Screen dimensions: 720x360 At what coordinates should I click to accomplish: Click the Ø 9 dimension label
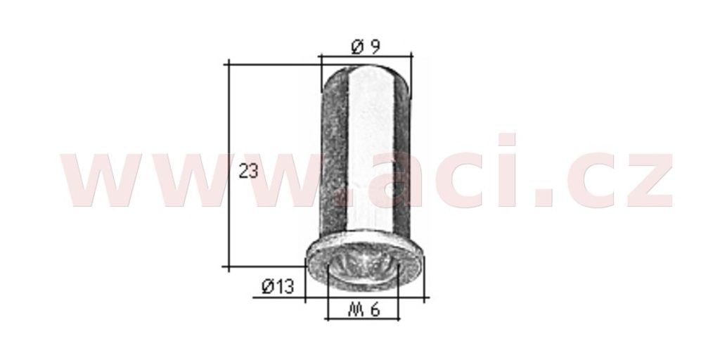(366, 46)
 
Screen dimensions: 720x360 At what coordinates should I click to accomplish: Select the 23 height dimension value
(249, 172)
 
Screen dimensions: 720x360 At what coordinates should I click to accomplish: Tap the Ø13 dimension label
(277, 287)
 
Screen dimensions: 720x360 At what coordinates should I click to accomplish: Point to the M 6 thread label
(364, 310)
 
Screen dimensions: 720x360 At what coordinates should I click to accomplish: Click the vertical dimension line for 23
(229, 165)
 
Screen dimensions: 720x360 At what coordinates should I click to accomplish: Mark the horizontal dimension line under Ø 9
(366, 56)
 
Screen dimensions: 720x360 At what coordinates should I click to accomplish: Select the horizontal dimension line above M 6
(362, 319)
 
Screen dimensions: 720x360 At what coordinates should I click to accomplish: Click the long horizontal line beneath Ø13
(341, 297)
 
